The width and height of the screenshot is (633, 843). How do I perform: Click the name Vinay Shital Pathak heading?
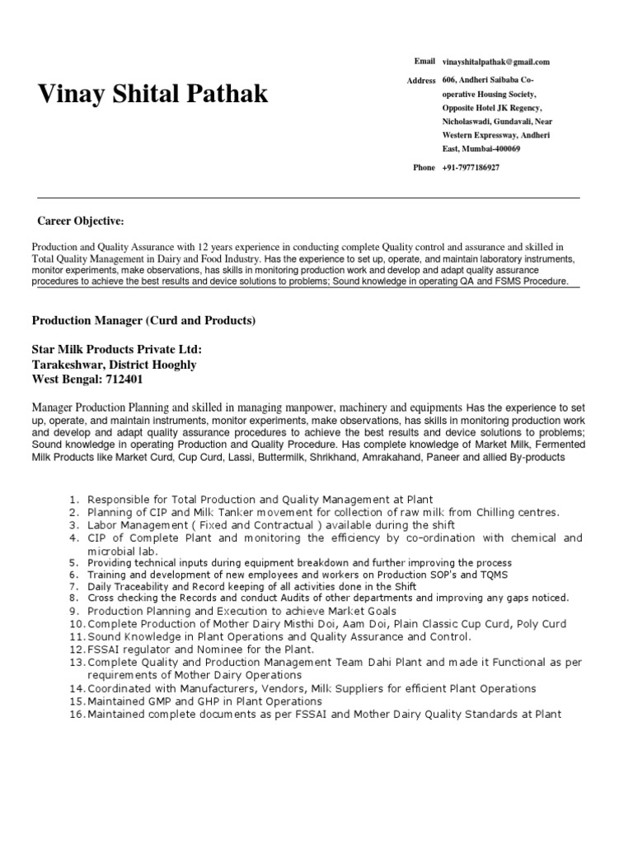tap(153, 95)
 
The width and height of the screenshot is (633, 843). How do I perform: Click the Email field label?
tap(424, 62)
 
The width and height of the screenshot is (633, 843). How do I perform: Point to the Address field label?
tap(421, 81)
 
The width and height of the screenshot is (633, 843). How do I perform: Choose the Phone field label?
tap(424, 168)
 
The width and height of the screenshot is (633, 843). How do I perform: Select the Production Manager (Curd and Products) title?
tap(143, 319)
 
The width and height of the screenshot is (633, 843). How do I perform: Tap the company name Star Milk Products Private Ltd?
tap(116, 349)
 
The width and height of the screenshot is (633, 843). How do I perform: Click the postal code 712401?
tap(129, 379)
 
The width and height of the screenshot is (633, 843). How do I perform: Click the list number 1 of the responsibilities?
tap(74, 500)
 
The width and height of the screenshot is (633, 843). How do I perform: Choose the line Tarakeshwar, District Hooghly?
tap(114, 364)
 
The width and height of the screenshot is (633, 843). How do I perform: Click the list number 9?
tap(74, 612)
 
